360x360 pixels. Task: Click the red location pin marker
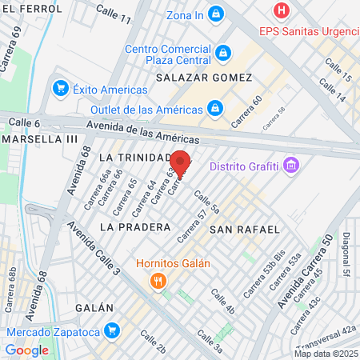182,163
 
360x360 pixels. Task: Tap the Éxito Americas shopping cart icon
60,88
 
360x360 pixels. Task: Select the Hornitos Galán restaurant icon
158,280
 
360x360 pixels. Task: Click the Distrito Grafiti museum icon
291,166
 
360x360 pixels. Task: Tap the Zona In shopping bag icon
215,14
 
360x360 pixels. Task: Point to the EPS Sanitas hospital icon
281,11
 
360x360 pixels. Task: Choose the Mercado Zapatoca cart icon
113,330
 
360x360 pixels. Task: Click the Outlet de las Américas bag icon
215,107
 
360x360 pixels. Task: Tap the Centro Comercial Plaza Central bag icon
223,53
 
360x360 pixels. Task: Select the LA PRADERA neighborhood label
135,226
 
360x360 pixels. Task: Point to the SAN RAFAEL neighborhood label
245,230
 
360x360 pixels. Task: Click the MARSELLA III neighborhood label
40,138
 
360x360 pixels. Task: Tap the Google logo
26,350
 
